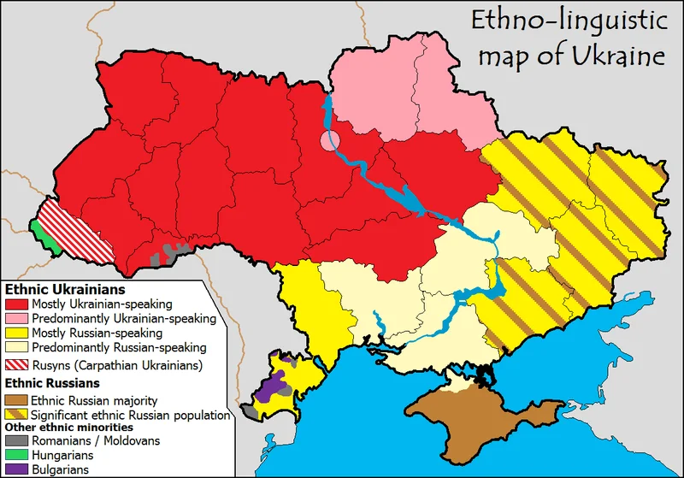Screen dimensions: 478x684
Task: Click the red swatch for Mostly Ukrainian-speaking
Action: [16, 304]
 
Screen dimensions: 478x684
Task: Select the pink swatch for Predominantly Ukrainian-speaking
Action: [16, 318]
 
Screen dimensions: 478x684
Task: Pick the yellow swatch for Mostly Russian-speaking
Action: [16, 333]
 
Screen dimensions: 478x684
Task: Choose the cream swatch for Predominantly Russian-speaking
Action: [16, 347]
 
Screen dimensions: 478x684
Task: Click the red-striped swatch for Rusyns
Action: [16, 365]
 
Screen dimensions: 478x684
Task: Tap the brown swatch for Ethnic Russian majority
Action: [16, 399]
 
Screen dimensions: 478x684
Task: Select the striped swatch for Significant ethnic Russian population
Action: [16, 414]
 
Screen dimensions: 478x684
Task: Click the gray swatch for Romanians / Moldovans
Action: [16, 441]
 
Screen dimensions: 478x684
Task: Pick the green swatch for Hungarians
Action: [16, 455]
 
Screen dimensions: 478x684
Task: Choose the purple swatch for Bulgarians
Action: [16, 469]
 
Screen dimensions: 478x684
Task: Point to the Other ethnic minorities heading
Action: [69, 427]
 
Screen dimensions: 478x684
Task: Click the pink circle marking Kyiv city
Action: [330, 139]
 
